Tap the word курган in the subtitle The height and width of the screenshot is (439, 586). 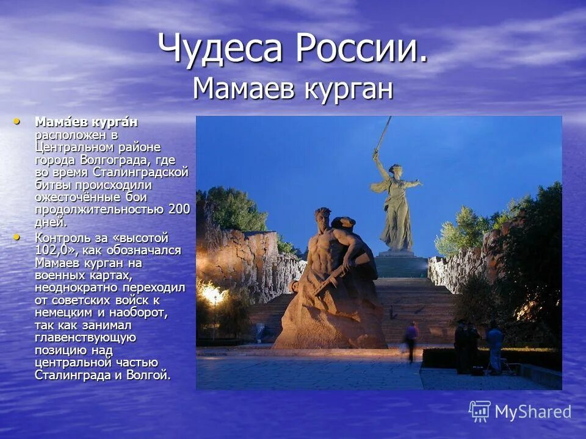pos(345,89)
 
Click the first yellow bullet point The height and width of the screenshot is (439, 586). pos(16,121)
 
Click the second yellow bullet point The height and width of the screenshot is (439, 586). pos(16,237)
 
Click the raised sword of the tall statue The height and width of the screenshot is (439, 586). pos(382,137)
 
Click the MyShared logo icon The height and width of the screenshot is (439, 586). pos(480,412)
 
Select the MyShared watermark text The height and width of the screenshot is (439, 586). pos(533,412)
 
